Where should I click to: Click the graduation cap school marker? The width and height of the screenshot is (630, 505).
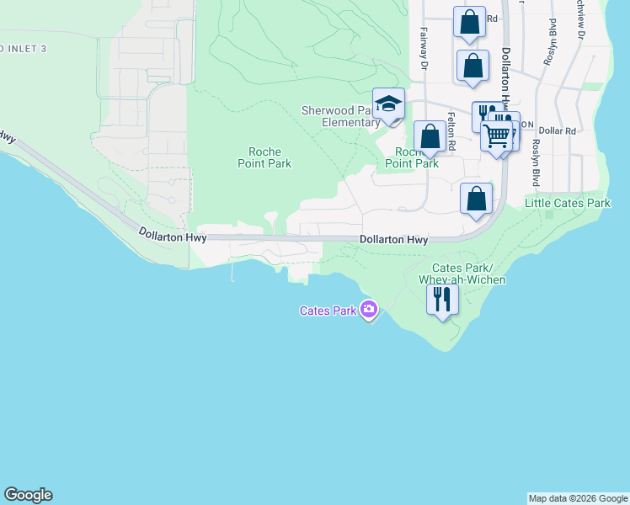[x=388, y=104]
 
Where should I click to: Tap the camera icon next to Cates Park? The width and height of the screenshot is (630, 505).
[x=368, y=310]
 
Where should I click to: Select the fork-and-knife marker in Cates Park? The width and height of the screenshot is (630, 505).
[x=442, y=298]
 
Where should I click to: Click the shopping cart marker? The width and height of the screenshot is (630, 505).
[x=497, y=134]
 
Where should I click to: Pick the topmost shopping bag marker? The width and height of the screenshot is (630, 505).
[x=469, y=22]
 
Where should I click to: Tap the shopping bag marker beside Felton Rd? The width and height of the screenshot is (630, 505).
[x=430, y=136]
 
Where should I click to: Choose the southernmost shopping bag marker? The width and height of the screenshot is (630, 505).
[x=477, y=199]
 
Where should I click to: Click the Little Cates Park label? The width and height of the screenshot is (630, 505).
[x=568, y=203]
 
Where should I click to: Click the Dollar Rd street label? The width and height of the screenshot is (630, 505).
[x=558, y=131]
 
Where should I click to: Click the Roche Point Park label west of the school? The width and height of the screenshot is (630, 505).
[x=264, y=157]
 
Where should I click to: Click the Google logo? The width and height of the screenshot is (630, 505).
[x=28, y=495]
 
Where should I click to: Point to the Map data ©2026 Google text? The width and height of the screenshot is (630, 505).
[x=578, y=498]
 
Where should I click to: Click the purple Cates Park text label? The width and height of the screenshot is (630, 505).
[x=328, y=311]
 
